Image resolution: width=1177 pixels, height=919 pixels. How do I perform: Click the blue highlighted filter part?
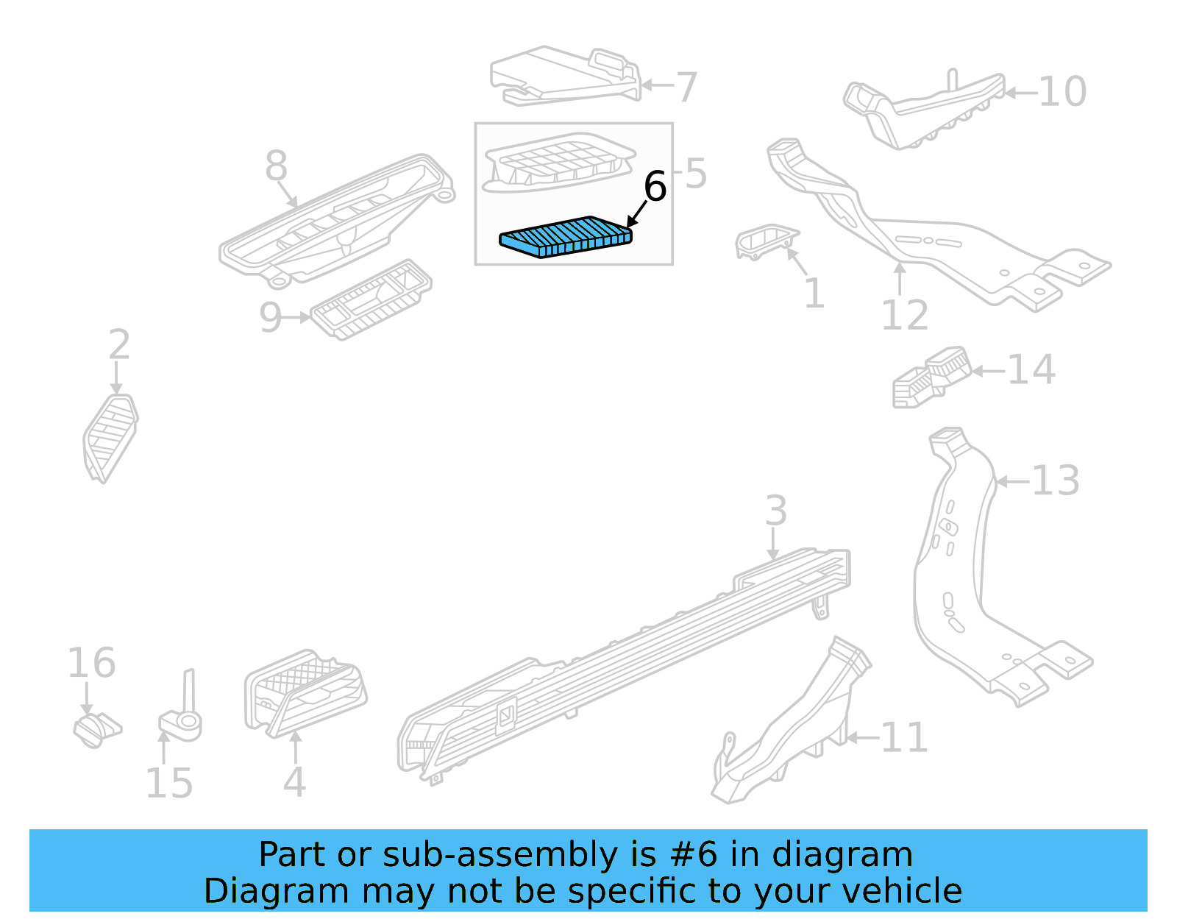point(565,237)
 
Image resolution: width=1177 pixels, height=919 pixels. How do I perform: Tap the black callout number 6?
point(654,186)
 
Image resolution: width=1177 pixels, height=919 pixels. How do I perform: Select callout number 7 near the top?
point(686,87)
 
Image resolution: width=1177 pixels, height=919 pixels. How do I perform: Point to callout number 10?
point(1062,92)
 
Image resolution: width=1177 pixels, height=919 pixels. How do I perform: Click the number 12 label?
point(904,316)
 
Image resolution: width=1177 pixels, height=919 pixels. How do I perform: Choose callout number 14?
point(1031,369)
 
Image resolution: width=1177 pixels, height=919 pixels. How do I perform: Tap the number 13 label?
point(1055,480)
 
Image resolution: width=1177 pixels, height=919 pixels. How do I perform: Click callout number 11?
point(904,737)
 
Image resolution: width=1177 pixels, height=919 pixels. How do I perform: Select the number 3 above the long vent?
point(775,511)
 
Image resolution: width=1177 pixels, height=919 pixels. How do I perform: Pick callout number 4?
point(294,782)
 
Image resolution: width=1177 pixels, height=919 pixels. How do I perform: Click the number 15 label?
point(169,783)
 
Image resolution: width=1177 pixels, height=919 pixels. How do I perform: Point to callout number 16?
point(91,663)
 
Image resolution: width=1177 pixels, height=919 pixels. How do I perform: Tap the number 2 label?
point(119,345)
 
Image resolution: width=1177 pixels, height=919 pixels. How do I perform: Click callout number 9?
point(270,318)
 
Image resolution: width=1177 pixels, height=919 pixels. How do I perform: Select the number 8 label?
point(276,166)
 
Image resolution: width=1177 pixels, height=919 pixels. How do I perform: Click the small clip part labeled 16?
point(96,729)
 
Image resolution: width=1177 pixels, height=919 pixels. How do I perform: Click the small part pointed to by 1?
point(765,242)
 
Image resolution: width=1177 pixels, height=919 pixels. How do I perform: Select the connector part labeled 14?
point(931,376)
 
